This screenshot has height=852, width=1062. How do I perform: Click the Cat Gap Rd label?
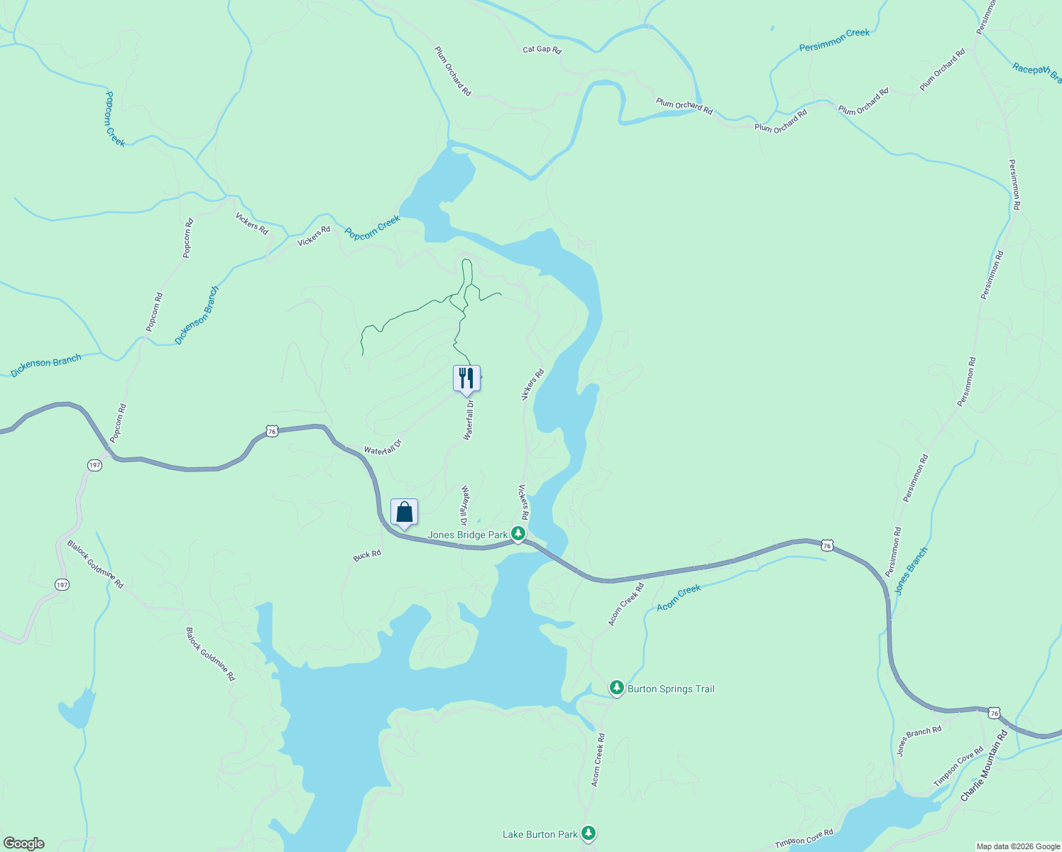point(542,50)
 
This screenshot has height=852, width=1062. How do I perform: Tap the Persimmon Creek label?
point(834,40)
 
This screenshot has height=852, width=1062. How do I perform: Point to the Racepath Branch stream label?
point(1036,72)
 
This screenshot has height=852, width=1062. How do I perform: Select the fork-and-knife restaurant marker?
point(466,378)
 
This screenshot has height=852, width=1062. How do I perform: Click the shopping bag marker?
point(404,512)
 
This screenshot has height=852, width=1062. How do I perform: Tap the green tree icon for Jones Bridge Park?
point(519,533)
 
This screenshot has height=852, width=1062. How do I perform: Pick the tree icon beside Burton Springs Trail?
point(616,687)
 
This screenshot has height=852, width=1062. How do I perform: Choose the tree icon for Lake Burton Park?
point(588,833)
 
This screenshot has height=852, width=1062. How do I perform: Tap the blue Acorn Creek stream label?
point(679,597)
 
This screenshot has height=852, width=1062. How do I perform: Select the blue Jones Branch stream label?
point(911,570)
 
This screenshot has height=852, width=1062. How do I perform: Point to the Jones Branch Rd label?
point(919,741)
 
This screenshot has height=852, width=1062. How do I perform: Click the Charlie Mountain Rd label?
point(984,766)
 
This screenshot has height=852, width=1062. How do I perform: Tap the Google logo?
point(24,843)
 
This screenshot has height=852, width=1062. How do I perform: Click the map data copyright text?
point(1018,846)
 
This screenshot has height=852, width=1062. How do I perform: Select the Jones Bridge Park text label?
point(467,535)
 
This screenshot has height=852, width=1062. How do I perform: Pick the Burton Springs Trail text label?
point(671,689)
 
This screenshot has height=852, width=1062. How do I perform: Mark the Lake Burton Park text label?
point(540,834)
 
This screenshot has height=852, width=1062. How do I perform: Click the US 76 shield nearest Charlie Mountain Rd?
point(994,712)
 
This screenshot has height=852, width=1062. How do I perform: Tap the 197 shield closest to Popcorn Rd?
point(95,465)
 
